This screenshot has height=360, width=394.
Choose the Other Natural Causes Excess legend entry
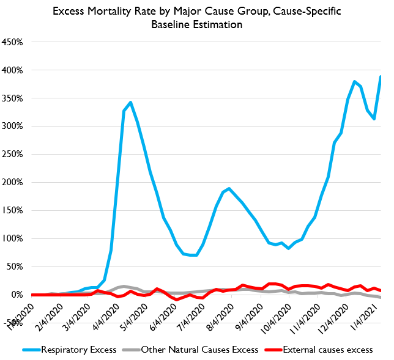click(x=193, y=350)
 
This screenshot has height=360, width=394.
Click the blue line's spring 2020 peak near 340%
click(x=130, y=103)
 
